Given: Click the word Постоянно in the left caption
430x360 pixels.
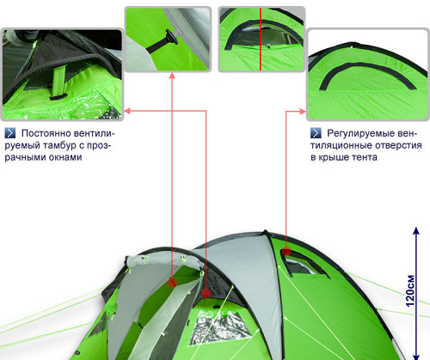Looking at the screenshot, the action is (46, 133).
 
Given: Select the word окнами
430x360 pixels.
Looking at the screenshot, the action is (65, 157).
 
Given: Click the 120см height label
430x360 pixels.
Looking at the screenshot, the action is (410, 290).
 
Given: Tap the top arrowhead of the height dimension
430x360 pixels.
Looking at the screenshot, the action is (416, 231).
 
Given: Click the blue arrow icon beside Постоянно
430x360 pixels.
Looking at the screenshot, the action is (10, 133).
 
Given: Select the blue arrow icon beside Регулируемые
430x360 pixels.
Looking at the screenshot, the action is (316, 133).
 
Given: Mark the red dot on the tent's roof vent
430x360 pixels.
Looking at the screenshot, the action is (286, 252).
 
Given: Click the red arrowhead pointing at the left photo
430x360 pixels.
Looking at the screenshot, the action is (127, 111).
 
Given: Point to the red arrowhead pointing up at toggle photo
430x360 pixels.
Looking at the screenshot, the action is (172, 76).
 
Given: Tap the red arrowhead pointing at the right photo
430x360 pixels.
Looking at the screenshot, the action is (303, 112).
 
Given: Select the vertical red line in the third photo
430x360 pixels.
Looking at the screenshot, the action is (261, 40).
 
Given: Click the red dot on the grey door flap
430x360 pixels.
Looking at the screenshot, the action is (172, 283).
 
